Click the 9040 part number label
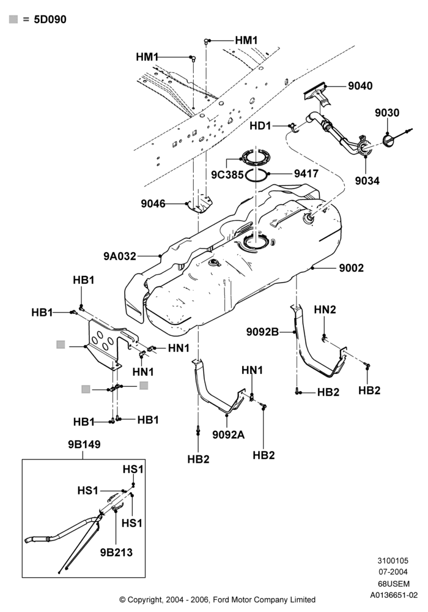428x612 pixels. click(x=360, y=86)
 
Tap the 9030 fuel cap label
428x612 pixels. click(x=387, y=113)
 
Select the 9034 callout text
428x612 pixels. click(x=367, y=181)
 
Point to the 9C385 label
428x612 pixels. click(x=227, y=174)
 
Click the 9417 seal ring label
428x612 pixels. click(x=306, y=173)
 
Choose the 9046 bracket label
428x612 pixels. click(x=153, y=203)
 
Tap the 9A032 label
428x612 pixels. click(x=120, y=256)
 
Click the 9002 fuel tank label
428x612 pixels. click(x=351, y=268)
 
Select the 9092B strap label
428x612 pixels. click(x=262, y=331)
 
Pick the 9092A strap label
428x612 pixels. click(x=229, y=434)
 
